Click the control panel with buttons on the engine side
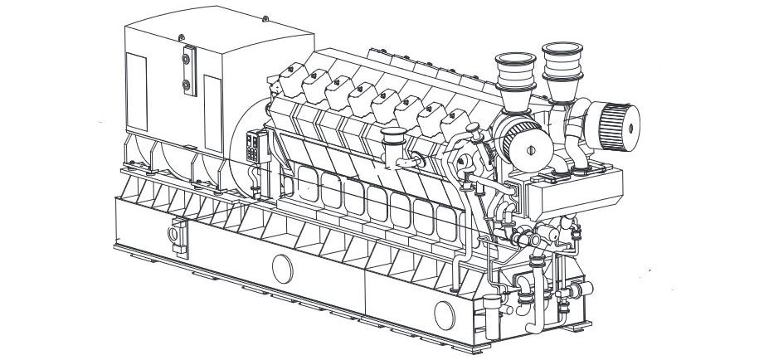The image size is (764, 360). point(254,153)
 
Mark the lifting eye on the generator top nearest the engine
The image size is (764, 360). point(264,17)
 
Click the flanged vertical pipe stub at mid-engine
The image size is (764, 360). point(390,142)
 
